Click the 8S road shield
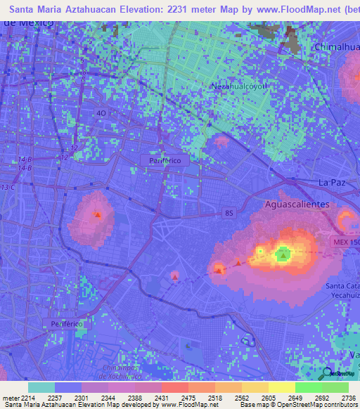point(229,212)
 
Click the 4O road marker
point(102,113)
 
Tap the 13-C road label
point(8,187)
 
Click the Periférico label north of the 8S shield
point(165,160)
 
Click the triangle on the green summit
point(283,256)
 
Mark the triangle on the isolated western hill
point(98,214)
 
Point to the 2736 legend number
point(349,398)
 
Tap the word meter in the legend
point(11,398)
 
